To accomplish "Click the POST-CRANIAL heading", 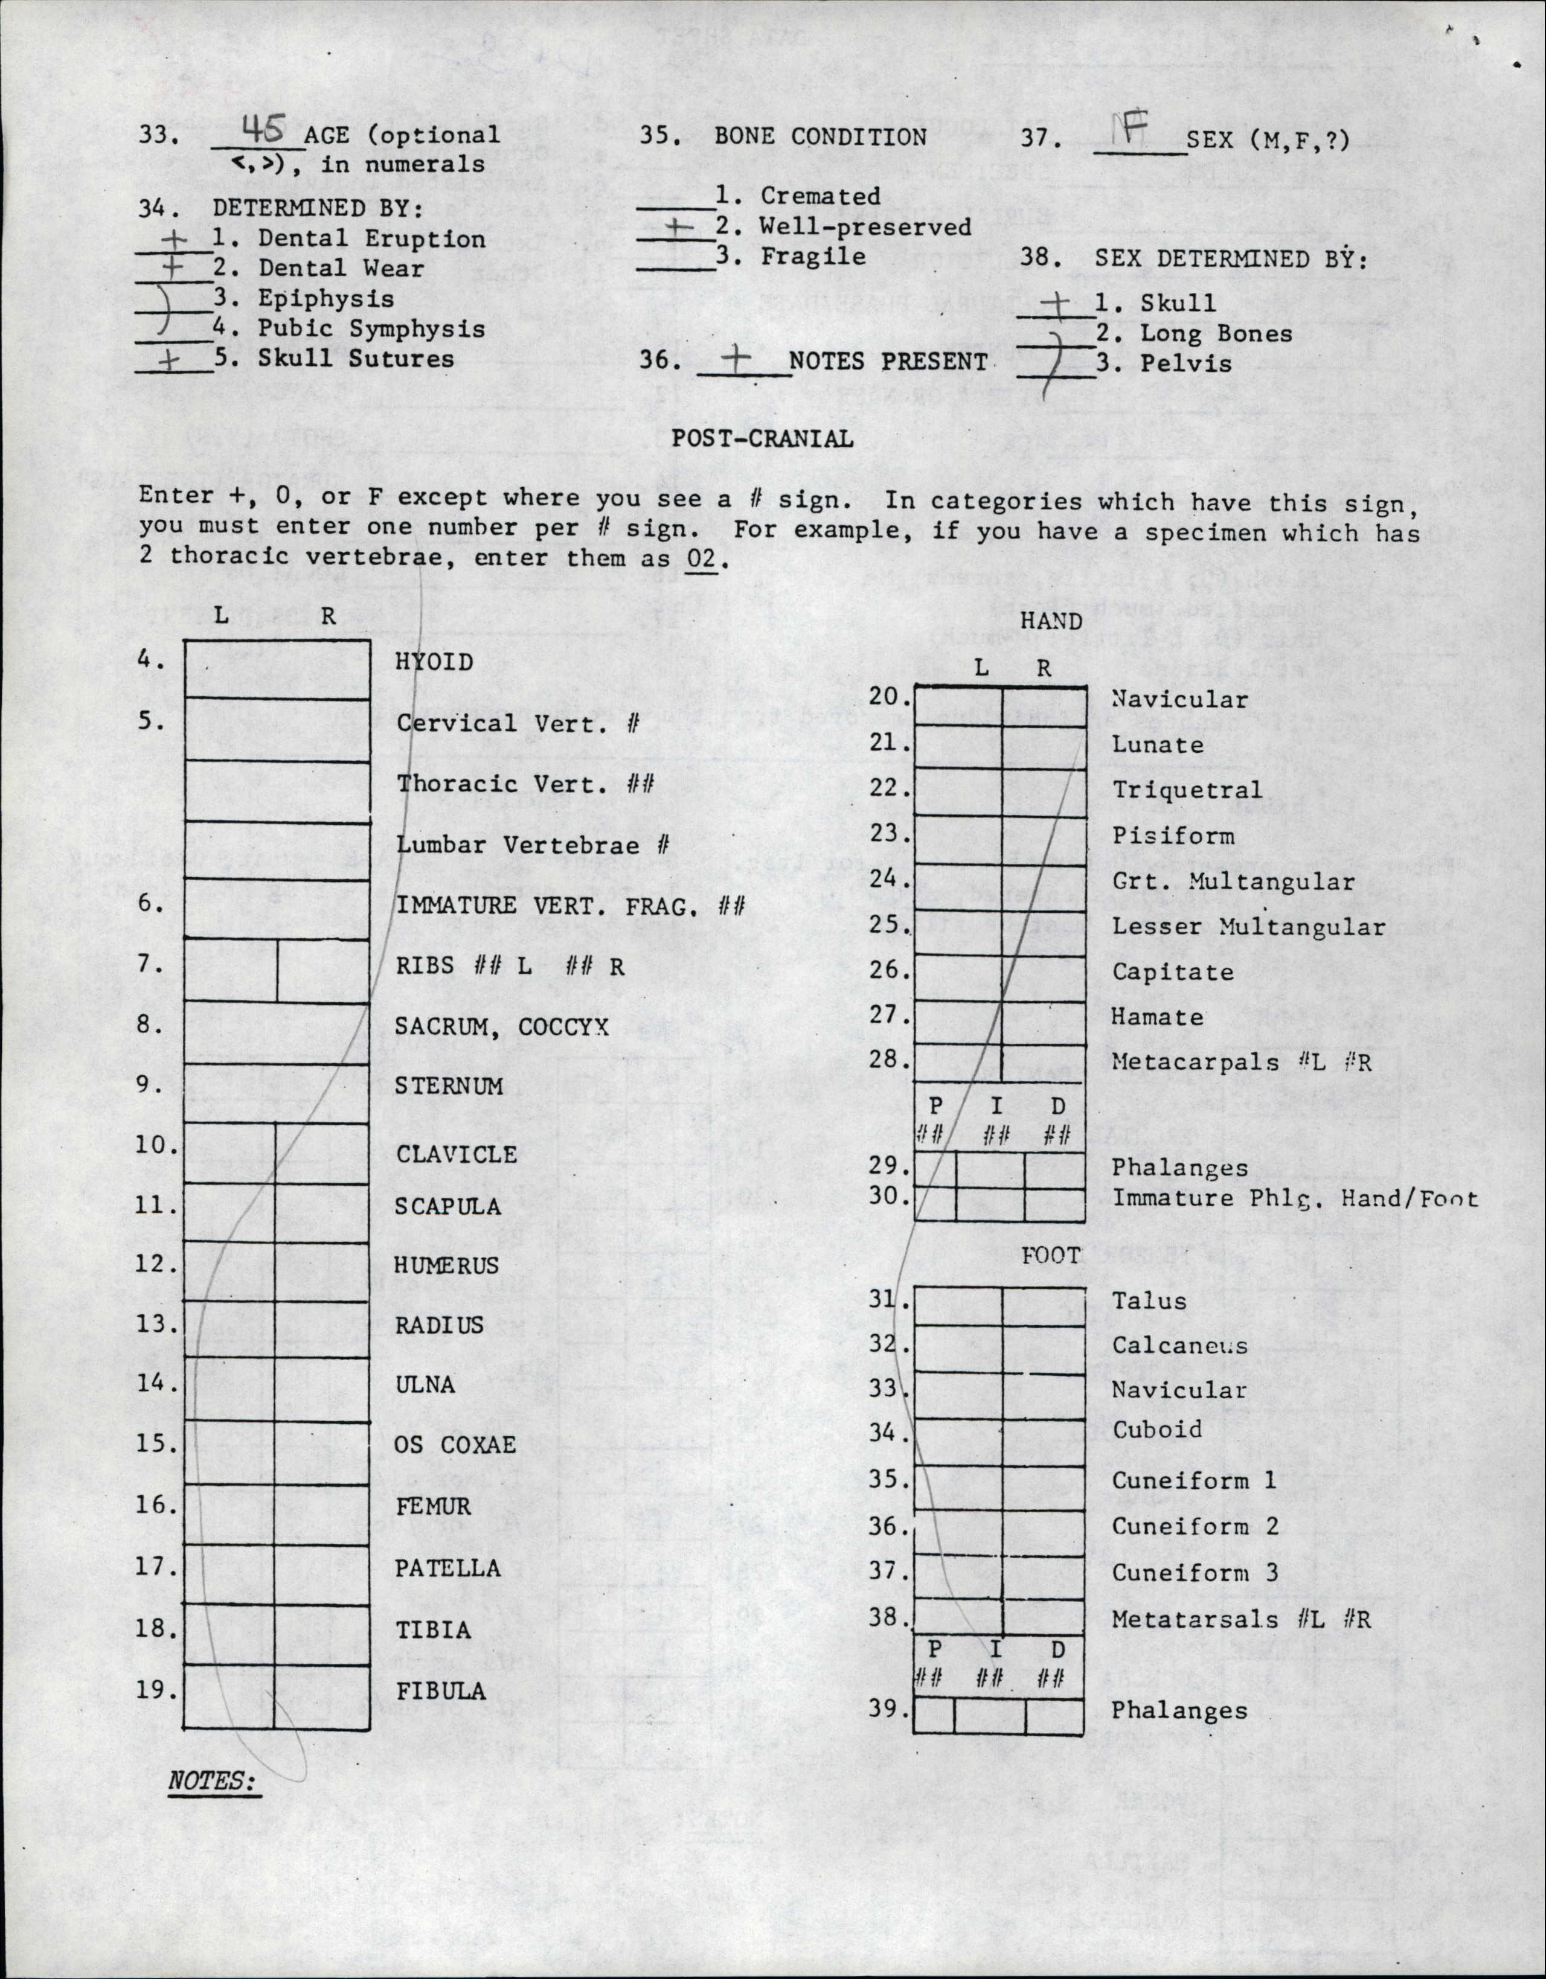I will click(x=762, y=440).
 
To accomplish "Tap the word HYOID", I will click(x=434, y=662).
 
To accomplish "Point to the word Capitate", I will click(x=1173, y=972).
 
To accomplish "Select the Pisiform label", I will click(x=1173, y=836).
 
